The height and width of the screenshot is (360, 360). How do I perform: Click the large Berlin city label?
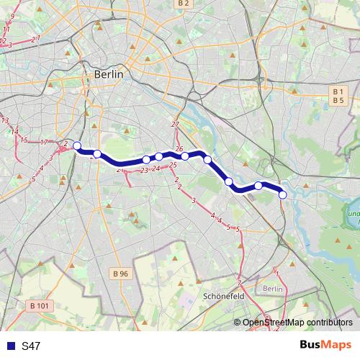[109, 74]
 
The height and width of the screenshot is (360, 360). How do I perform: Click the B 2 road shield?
[184, 4]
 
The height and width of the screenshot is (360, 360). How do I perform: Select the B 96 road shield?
[122, 274]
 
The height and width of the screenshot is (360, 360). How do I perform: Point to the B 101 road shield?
[42, 305]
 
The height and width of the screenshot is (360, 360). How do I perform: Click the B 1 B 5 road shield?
[338, 96]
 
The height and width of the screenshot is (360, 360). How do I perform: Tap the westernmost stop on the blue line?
[77, 145]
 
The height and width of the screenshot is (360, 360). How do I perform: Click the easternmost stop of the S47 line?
[283, 194]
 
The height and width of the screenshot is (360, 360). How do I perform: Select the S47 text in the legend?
[31, 346]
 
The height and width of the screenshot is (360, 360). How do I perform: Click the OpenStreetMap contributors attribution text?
[297, 323]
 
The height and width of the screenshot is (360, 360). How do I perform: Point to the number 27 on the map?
[175, 125]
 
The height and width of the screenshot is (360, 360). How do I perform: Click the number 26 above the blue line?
[179, 148]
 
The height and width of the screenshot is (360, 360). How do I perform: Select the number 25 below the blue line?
[173, 166]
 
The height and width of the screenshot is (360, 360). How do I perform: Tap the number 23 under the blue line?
[144, 171]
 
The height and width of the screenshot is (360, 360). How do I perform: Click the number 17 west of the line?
[45, 143]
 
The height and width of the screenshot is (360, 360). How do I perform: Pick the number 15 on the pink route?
[24, 140]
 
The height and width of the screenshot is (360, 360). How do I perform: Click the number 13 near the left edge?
[5, 120]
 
